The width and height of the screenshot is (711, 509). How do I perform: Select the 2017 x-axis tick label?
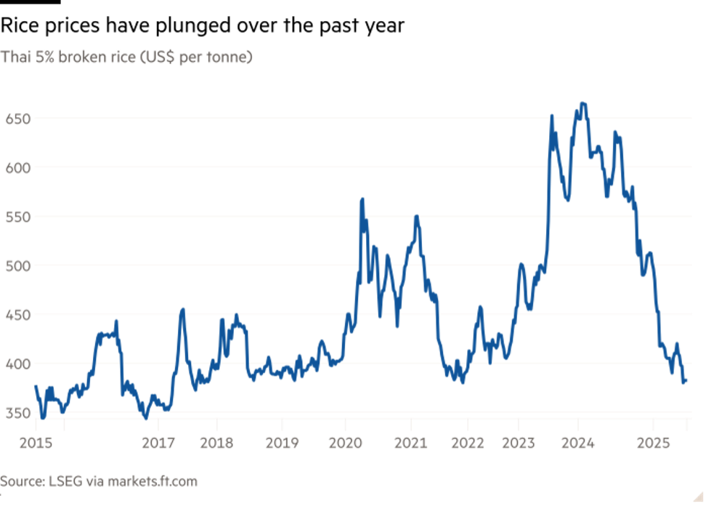point(158,441)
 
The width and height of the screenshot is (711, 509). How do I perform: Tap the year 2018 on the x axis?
point(217,441)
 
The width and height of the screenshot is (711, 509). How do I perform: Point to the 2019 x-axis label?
point(283,441)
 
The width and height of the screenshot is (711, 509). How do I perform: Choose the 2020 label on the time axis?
point(346,441)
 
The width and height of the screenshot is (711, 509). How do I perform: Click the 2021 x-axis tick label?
point(410,441)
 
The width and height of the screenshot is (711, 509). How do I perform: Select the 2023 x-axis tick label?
point(519,441)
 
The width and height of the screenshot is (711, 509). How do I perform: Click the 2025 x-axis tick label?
point(653,441)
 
